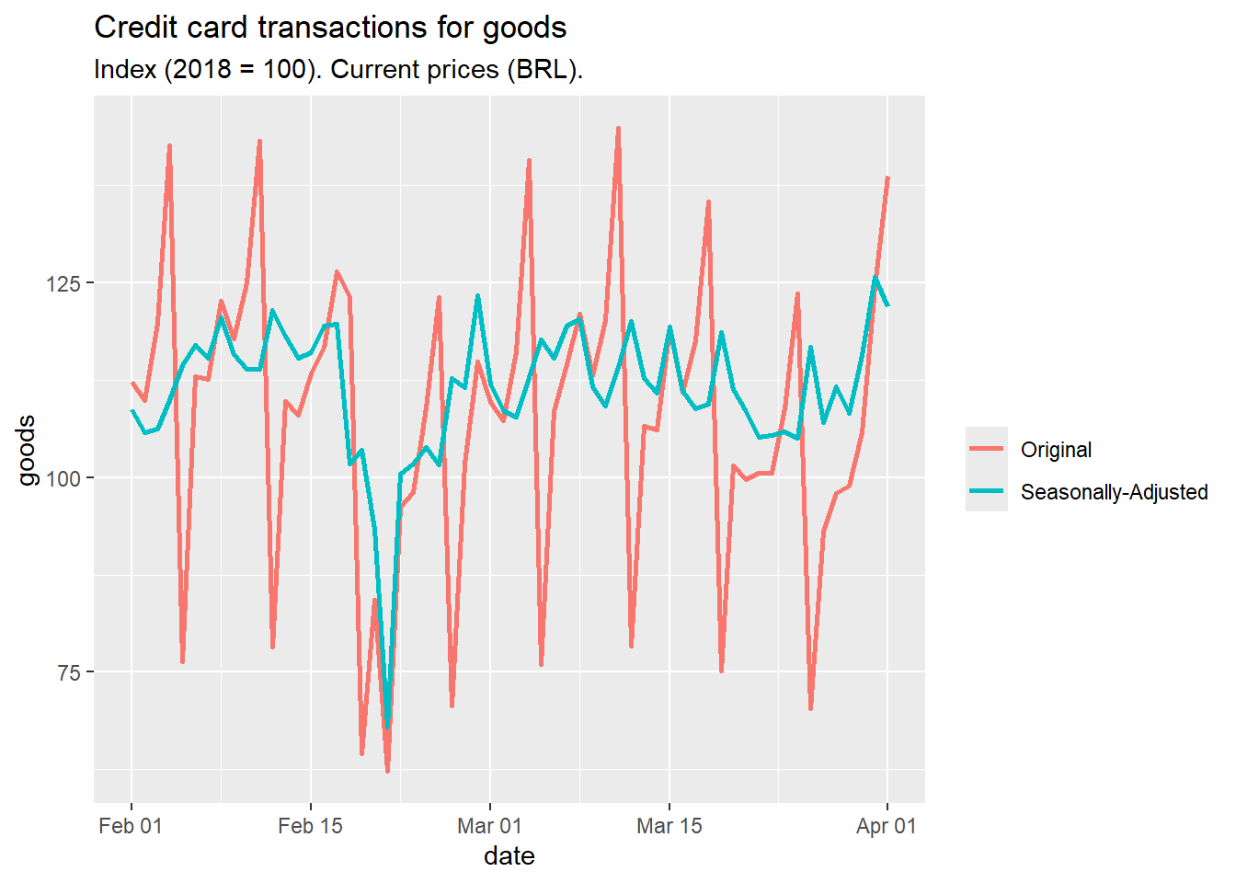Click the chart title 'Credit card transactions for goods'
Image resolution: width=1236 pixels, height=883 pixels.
tap(330, 28)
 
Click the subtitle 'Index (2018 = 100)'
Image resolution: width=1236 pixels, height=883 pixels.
tap(338, 70)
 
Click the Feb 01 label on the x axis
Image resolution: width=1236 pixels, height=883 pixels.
tap(131, 826)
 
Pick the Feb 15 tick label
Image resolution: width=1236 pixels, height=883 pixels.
tap(310, 826)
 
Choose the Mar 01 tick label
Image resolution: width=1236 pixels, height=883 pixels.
tap(489, 826)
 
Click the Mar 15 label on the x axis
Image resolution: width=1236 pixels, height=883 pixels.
tap(669, 826)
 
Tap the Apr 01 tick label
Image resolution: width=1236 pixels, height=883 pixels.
tap(887, 826)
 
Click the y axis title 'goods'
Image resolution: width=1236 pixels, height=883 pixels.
tap(27, 450)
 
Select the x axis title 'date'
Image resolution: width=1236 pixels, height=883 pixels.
tap(509, 856)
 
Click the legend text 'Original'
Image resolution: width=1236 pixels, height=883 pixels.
tap(1056, 450)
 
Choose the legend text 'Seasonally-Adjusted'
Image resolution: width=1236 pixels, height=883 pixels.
tap(1114, 492)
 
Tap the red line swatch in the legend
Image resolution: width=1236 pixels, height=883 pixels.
tap(987, 449)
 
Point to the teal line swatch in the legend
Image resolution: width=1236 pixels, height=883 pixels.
tap(987, 491)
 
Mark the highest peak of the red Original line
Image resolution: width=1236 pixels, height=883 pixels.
tap(618, 128)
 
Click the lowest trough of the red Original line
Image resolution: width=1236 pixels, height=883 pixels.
tap(387, 772)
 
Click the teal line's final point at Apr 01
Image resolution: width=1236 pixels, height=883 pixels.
tap(887, 305)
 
